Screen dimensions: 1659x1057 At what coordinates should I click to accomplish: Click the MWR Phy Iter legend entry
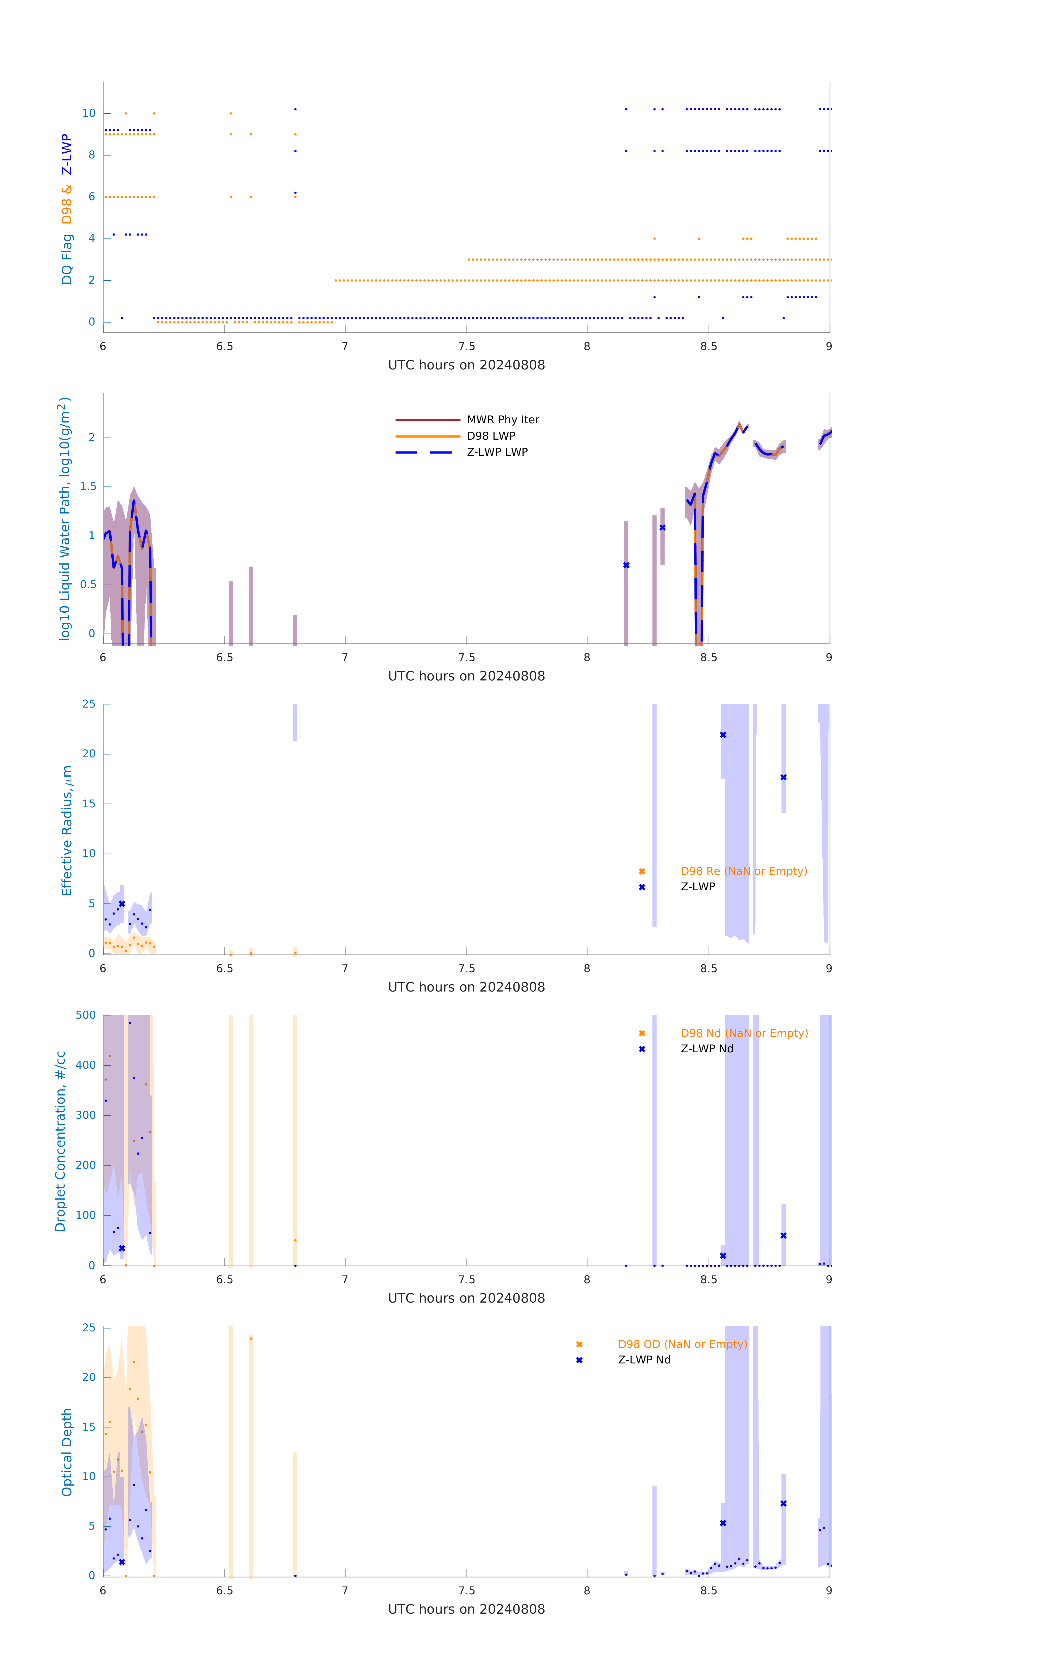[x=503, y=419]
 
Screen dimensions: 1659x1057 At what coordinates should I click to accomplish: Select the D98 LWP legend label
[x=491, y=435]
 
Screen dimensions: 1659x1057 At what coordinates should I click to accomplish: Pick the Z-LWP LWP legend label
[x=497, y=452]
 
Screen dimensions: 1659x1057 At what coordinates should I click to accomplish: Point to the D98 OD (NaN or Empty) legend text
[x=682, y=1344]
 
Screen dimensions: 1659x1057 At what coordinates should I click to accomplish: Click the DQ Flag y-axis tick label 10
[x=89, y=113]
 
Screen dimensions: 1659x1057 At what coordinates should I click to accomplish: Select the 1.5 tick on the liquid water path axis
[x=88, y=486]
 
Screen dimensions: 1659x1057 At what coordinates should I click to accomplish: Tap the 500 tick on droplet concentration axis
[x=86, y=1015]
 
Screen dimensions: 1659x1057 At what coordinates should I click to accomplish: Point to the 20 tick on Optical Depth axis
[x=89, y=1377]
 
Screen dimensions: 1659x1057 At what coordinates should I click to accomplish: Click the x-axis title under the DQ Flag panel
[x=466, y=365]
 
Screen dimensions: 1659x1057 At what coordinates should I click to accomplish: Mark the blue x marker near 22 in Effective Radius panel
[x=723, y=735]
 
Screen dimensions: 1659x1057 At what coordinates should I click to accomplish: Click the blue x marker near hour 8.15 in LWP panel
[x=626, y=565]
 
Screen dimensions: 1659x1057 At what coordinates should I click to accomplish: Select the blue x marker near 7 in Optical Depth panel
[x=784, y=1503]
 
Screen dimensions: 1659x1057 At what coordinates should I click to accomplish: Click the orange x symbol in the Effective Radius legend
[x=642, y=872]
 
